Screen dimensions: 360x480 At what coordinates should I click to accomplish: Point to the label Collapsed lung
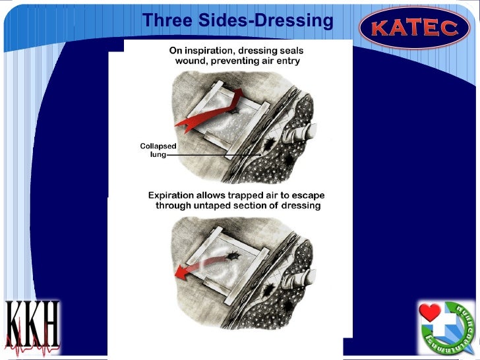pyautogui.click(x=157, y=150)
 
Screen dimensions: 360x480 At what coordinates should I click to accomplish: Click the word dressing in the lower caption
pyautogui.click(x=300, y=206)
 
